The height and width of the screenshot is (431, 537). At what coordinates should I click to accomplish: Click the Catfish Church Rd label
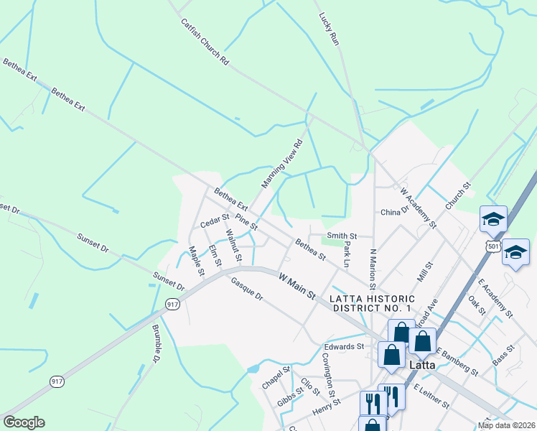[204, 42]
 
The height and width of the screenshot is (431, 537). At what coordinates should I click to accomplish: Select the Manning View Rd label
[282, 164]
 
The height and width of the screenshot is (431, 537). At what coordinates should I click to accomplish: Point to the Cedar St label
[214, 220]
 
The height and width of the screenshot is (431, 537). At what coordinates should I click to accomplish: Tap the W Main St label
[296, 285]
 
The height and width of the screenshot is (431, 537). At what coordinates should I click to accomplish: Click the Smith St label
[342, 236]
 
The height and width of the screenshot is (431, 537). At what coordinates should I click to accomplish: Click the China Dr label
[394, 212]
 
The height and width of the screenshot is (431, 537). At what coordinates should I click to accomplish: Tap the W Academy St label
[419, 208]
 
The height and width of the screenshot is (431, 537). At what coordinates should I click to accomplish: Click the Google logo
[24, 422]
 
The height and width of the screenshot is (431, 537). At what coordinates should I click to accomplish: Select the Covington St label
[328, 374]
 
